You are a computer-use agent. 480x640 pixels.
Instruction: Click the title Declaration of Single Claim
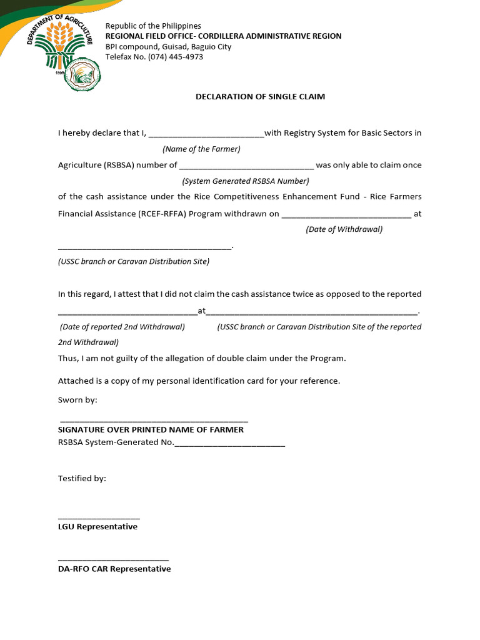pos(260,97)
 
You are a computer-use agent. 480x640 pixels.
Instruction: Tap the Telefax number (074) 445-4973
pos(154,57)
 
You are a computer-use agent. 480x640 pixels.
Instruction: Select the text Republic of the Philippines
pos(153,26)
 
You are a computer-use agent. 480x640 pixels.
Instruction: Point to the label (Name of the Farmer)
pos(201,149)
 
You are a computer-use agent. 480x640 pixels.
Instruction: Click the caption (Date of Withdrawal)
pos(344,229)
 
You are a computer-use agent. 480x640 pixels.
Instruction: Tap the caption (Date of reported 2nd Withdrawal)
pos(122,327)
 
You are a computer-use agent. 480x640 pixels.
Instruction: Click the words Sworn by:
pos(77,400)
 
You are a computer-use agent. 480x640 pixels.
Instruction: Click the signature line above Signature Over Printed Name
pos(154,422)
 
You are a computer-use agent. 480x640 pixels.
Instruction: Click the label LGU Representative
pos(97,527)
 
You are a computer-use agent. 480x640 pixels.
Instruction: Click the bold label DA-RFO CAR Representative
pos(114,569)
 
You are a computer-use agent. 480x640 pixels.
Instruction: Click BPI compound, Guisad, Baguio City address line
pos(168,46)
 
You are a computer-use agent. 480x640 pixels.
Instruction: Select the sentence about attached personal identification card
pos(199,381)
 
